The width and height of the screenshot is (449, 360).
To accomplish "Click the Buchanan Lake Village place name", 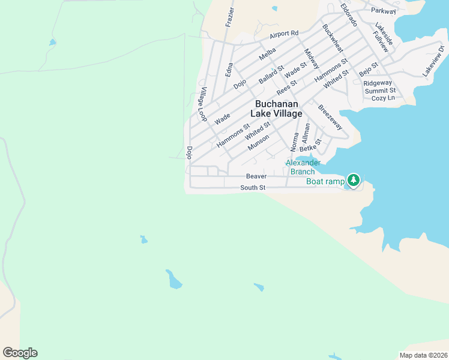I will click(279, 109).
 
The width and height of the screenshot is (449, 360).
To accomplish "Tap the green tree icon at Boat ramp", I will click(354, 180).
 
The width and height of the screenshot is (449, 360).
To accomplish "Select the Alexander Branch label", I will click(303, 167).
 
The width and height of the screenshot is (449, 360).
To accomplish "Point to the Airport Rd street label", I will click(284, 34).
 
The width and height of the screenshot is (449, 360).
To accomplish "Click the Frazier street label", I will click(229, 17).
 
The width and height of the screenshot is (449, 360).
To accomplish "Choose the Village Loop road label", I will click(203, 104).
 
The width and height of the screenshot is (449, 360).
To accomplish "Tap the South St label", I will click(253, 188).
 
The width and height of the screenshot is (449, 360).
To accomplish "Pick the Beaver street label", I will click(256, 176).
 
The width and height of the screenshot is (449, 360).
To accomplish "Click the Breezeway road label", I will click(330, 118).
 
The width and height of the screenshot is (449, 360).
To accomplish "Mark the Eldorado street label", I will click(349, 16).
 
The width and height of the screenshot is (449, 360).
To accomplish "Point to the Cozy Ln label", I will click(383, 98).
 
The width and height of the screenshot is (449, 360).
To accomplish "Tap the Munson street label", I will click(258, 143).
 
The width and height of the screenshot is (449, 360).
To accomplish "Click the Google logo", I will click(20, 353).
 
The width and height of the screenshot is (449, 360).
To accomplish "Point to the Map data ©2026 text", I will click(423, 355).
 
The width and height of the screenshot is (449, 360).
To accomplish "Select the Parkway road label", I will click(384, 11).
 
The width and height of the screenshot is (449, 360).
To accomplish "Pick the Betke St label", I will click(311, 146).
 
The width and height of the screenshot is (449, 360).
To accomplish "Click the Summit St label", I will click(379, 90).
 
